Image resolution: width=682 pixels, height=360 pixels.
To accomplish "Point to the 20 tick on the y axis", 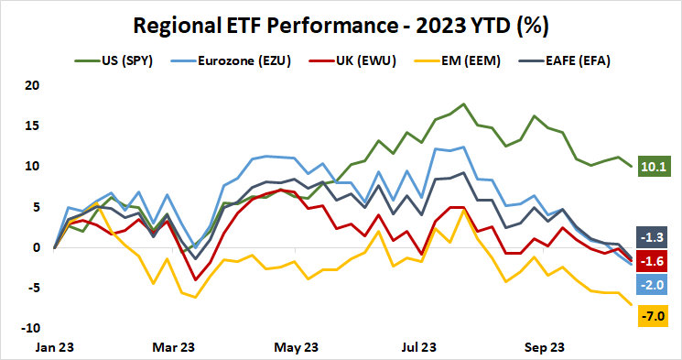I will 35,85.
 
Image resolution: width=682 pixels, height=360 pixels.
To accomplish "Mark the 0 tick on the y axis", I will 38,247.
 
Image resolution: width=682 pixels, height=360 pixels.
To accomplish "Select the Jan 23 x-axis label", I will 56,348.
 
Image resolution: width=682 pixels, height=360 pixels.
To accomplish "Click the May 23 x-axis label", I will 298,348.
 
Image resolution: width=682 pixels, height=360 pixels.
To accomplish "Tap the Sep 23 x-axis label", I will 542,348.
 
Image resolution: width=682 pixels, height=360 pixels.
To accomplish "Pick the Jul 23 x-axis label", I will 420,348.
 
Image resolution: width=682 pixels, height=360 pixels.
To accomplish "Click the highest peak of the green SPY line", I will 464,104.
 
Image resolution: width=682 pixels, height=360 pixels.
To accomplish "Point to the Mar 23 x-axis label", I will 174,348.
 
